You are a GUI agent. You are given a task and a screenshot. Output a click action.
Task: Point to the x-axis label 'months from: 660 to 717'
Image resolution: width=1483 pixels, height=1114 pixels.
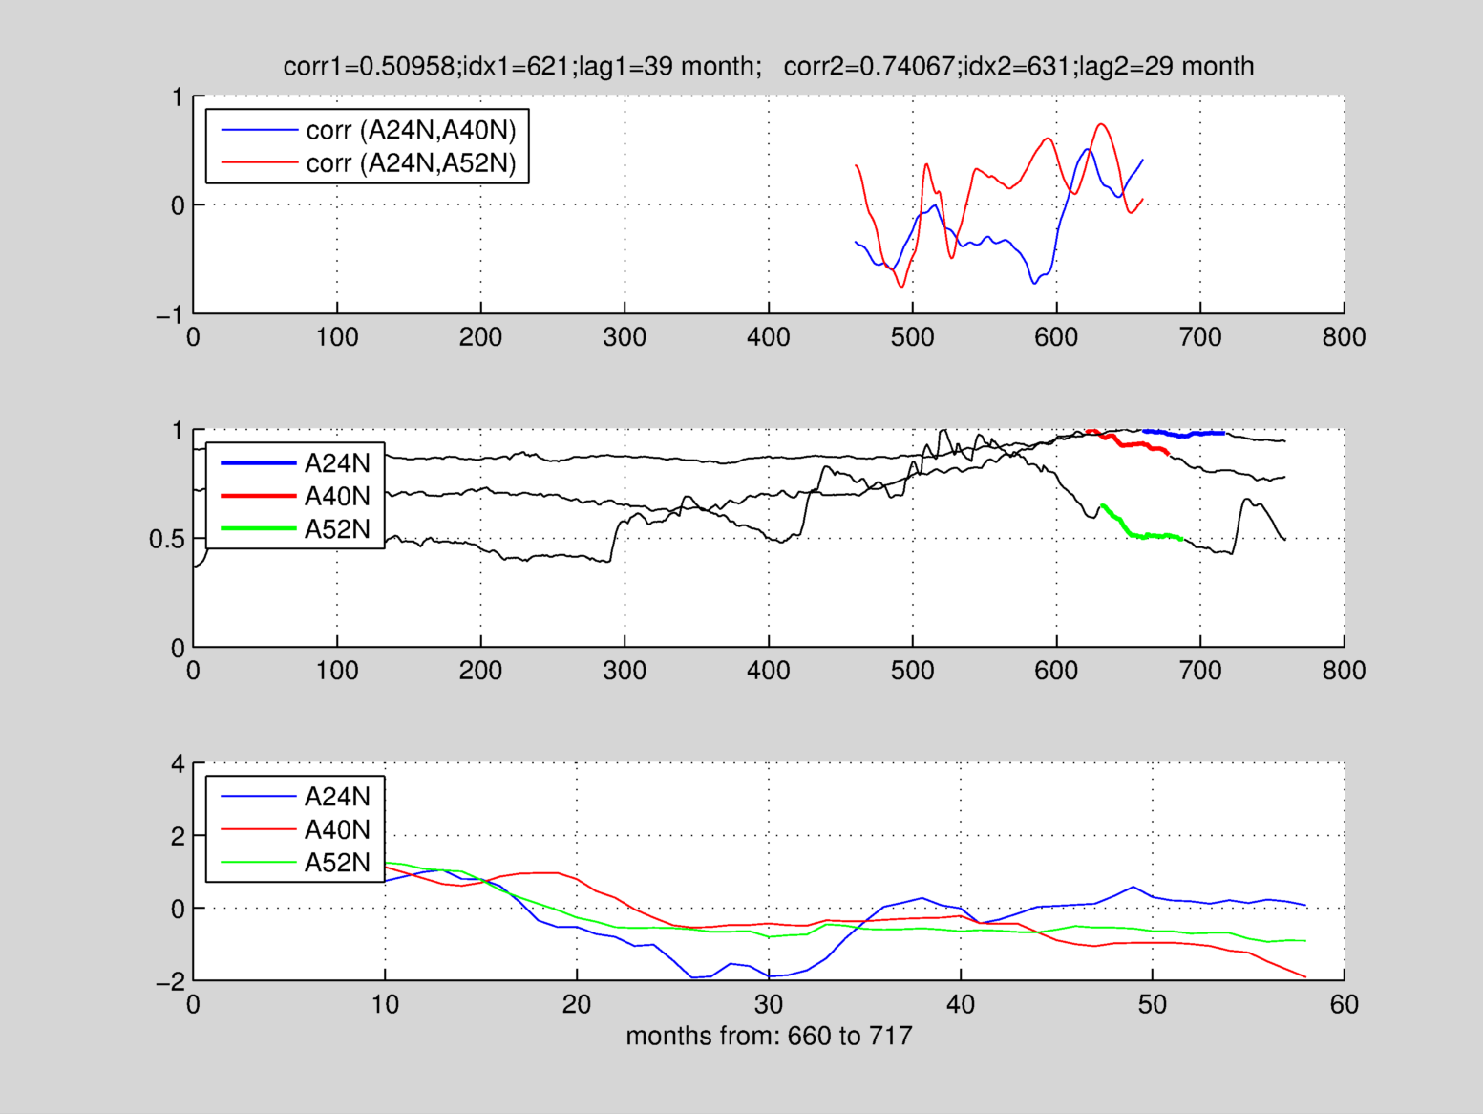(x=769, y=1036)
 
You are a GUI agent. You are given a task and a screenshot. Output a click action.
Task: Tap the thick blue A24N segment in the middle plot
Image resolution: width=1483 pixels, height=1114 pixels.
(x=1184, y=435)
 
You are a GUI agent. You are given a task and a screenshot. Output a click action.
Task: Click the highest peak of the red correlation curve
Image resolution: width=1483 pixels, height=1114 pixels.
(x=1101, y=124)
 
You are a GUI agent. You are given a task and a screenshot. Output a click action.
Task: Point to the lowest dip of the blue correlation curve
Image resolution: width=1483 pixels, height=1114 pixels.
(x=1034, y=284)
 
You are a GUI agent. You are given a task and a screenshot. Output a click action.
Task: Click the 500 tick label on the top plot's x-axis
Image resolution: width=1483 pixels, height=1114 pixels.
(x=912, y=337)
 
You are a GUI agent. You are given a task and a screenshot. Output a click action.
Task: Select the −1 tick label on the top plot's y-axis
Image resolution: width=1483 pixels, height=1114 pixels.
(x=170, y=315)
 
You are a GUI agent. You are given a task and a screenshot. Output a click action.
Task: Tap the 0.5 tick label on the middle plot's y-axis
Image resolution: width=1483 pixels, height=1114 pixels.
(x=166, y=540)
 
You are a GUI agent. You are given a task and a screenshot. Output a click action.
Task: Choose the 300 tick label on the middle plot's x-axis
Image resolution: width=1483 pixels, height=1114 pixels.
(x=625, y=671)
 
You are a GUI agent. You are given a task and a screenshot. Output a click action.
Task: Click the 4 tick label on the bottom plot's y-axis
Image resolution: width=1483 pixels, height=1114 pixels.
(x=177, y=764)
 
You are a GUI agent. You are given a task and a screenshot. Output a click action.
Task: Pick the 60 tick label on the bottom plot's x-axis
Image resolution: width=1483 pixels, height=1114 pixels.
(x=1344, y=1004)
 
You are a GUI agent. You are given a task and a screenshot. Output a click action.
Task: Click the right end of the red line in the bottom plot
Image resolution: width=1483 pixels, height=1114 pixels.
(x=1304, y=976)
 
